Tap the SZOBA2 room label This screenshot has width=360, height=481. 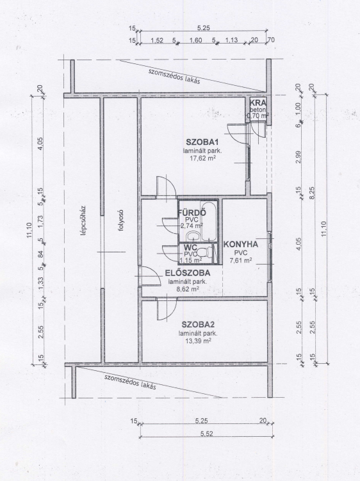[198, 325]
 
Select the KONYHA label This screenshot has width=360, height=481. [241, 245]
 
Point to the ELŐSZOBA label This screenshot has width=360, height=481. [188, 273]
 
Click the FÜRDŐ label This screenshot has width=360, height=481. [192, 213]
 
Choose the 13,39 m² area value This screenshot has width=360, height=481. [199, 341]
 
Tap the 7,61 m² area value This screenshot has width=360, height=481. [241, 261]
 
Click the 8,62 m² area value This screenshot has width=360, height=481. [187, 289]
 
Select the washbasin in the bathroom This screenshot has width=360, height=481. [193, 236]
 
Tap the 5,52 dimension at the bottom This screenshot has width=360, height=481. [206, 434]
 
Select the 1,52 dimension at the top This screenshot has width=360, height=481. [157, 40]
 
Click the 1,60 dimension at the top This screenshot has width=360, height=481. [196, 40]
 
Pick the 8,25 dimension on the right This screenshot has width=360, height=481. [312, 193]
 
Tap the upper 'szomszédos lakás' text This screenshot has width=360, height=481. [174, 76]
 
